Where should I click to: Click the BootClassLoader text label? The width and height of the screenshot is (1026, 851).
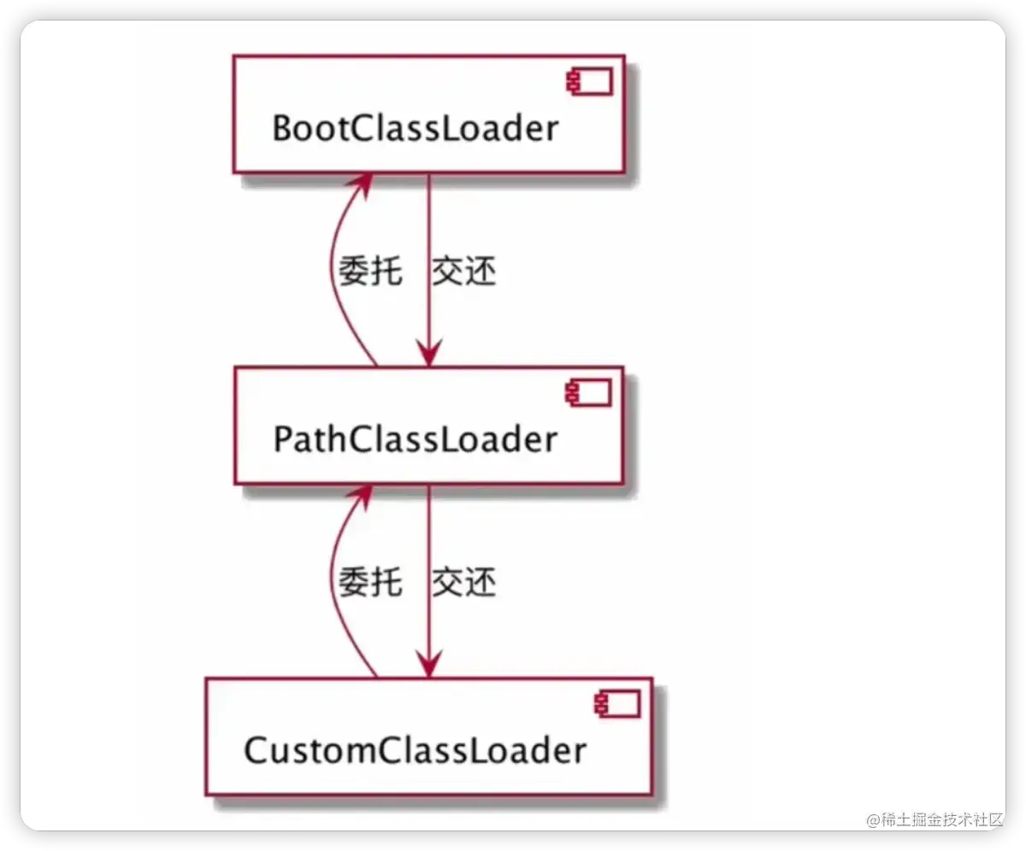coord(415,128)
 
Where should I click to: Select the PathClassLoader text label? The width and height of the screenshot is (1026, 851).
coord(415,439)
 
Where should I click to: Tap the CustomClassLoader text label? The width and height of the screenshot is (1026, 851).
coord(415,750)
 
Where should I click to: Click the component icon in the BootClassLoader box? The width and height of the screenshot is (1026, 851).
coord(587,82)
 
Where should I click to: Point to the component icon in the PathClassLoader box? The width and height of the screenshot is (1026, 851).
coord(587,393)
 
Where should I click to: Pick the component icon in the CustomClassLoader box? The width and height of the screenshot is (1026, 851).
coord(616,704)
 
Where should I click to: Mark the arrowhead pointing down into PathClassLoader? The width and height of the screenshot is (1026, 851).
coord(428,352)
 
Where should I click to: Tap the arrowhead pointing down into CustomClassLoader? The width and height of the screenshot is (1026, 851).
coord(428,663)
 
